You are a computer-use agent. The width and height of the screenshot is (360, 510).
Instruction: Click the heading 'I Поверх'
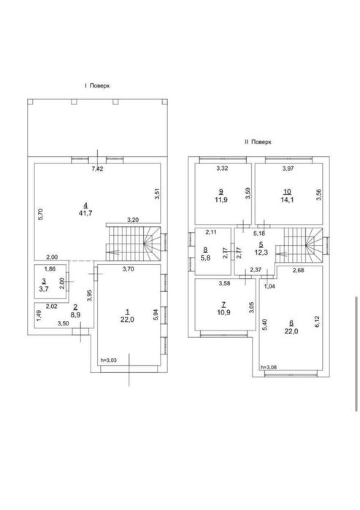(x=96, y=86)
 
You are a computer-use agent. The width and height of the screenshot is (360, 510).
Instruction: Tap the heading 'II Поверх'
(x=258, y=142)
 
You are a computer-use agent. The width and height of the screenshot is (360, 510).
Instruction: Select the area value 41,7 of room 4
(x=85, y=213)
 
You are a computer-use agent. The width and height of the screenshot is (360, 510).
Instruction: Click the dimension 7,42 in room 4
(x=98, y=169)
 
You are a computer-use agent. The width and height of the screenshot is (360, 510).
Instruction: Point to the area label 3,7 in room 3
(x=44, y=288)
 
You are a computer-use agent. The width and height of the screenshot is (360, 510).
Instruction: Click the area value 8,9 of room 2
(x=75, y=315)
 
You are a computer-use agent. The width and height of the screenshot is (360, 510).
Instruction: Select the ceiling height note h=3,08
(x=269, y=367)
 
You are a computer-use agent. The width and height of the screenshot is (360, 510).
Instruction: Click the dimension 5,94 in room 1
(x=156, y=315)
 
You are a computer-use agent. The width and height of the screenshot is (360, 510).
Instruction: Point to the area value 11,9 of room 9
(x=221, y=200)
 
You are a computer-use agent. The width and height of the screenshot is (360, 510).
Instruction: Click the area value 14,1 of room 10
(x=287, y=200)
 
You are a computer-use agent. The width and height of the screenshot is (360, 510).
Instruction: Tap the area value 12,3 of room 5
(x=261, y=252)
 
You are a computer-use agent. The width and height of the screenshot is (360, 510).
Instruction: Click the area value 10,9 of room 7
(x=223, y=312)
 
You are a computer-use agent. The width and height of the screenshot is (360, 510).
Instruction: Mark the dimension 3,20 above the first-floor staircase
(x=133, y=220)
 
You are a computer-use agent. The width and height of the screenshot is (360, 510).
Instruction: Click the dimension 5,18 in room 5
(x=259, y=233)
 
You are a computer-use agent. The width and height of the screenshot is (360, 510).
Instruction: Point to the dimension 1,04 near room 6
(x=269, y=286)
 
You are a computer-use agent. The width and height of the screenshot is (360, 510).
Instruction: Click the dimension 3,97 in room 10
(x=288, y=169)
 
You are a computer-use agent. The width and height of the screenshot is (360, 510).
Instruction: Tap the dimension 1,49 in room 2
(x=39, y=315)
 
